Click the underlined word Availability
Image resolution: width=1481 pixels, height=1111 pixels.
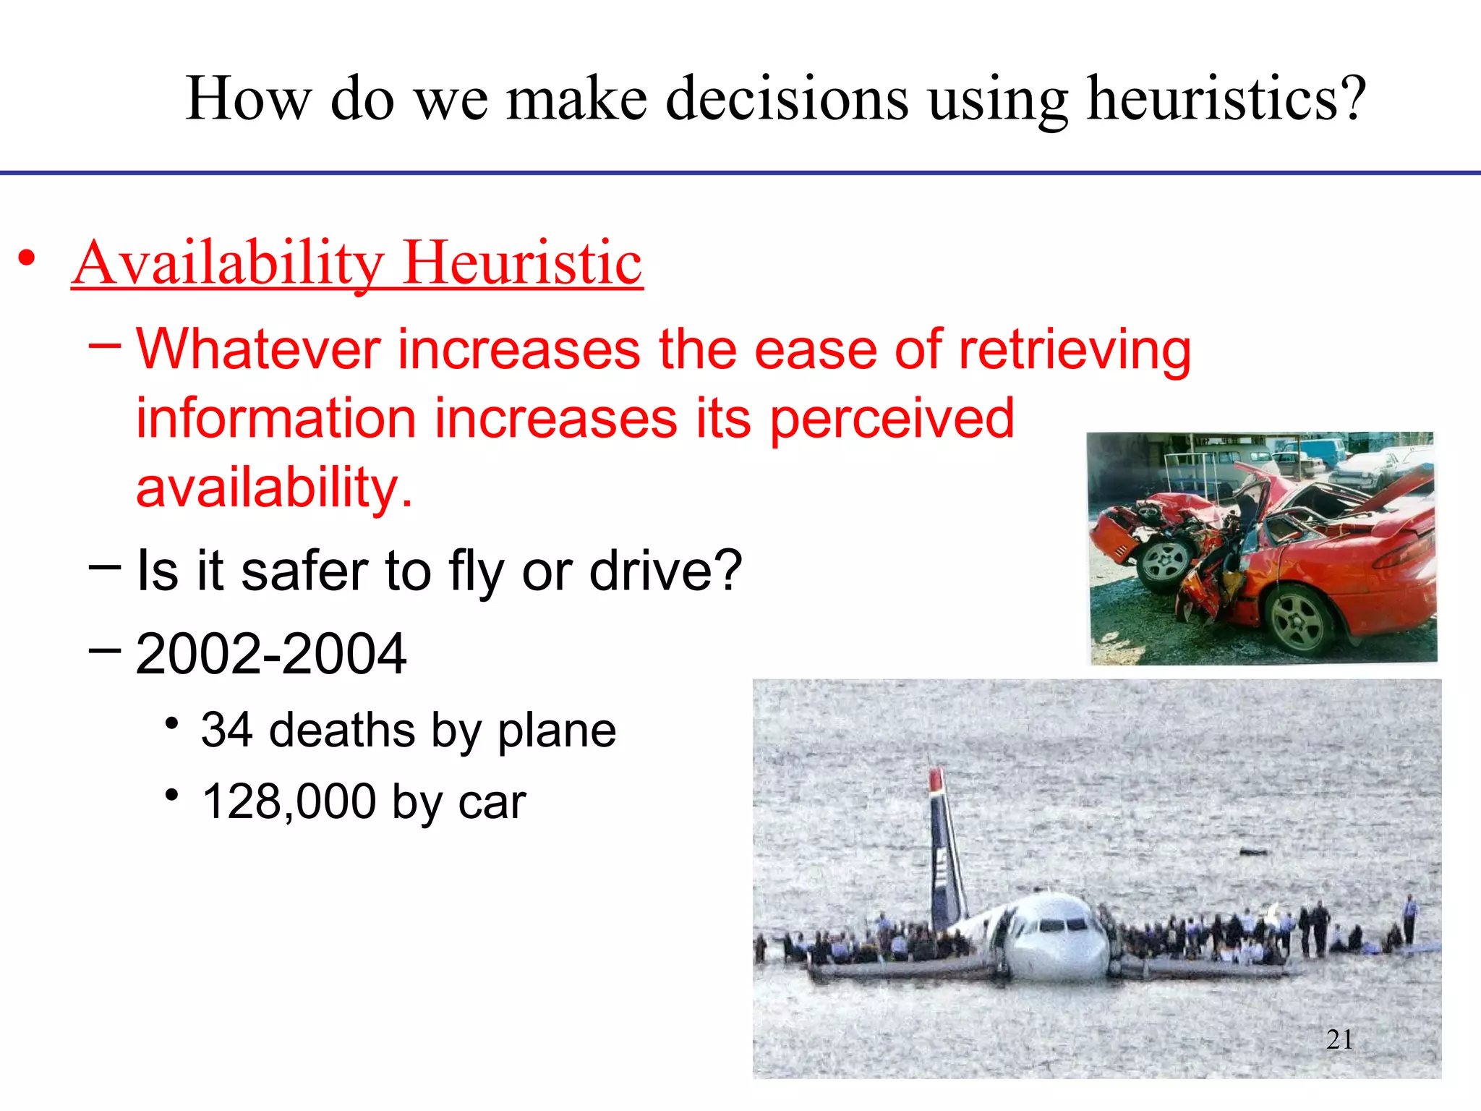[228, 263]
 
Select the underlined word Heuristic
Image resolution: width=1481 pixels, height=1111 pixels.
[522, 263]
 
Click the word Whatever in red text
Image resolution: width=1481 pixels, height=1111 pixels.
[258, 350]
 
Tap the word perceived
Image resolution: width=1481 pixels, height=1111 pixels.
[892, 420]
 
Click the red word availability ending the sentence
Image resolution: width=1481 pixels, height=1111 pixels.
[273, 488]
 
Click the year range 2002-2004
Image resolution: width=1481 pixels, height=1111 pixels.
[270, 655]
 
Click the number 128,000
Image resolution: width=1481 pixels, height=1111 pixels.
[289, 802]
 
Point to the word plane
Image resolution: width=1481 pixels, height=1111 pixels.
[556, 730]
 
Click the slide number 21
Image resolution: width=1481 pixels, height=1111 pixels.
[1339, 1039]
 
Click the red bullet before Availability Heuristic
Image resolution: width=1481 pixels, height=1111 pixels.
[27, 258]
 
